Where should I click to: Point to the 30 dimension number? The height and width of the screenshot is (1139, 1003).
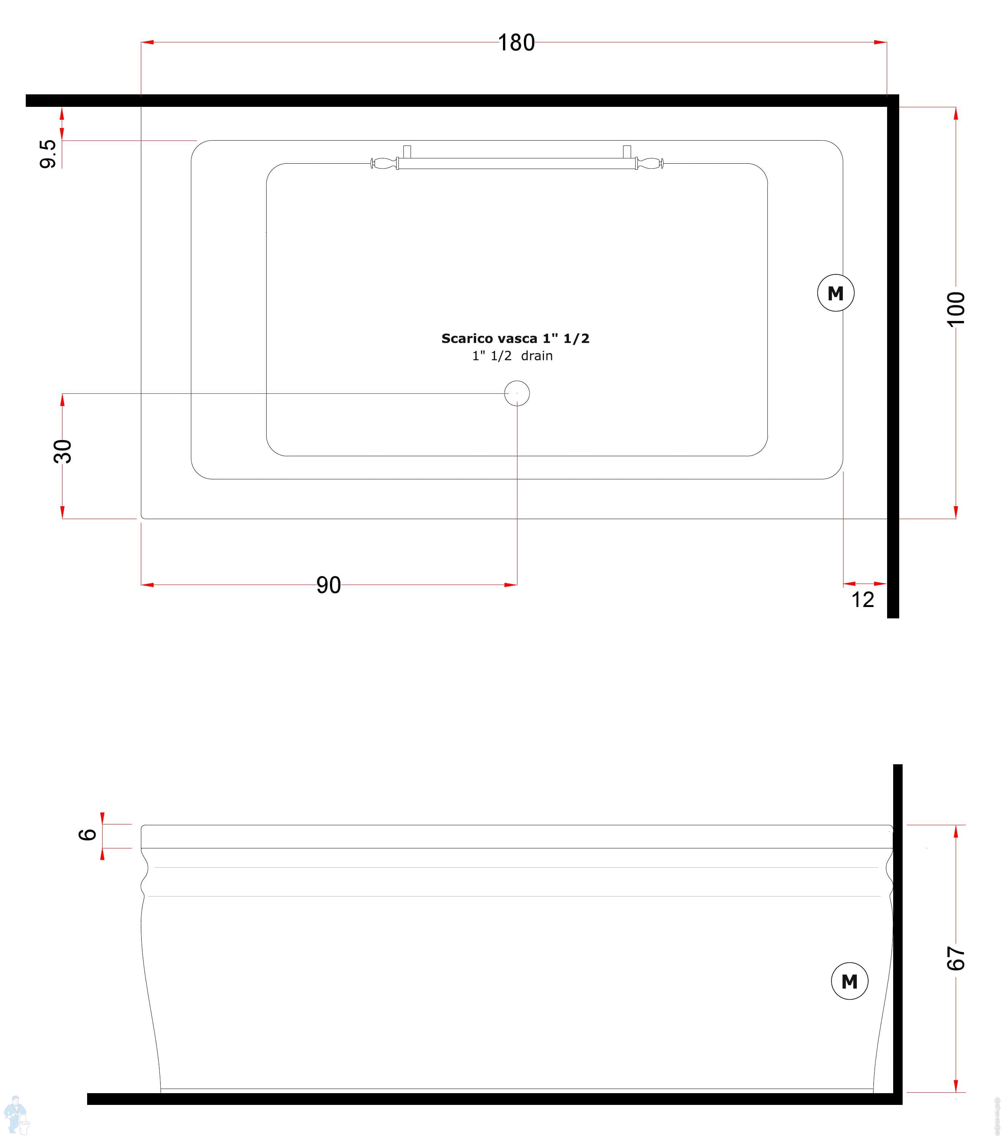(63, 451)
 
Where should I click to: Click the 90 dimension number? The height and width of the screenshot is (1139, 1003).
(328, 585)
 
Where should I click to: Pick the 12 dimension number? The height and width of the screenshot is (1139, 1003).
(862, 599)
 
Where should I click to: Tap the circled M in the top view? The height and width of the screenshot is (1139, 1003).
(835, 293)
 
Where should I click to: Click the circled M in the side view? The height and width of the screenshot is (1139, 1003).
(849, 981)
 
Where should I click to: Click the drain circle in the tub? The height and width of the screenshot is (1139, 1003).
(517, 393)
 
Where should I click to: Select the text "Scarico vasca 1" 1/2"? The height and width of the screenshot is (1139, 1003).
(515, 338)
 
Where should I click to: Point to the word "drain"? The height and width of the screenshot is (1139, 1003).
(537, 355)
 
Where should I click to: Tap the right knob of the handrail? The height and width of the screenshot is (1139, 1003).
(650, 163)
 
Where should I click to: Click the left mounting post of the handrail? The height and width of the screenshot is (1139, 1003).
(407, 152)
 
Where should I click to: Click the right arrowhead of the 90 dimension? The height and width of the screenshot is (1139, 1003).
(511, 585)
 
